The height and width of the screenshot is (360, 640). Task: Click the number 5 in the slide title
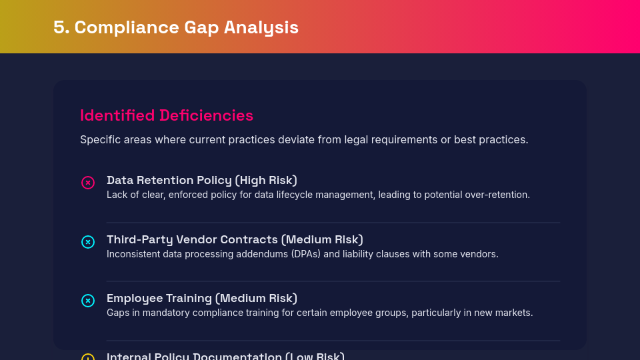coord(61,27)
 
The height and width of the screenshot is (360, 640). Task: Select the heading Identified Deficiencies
coord(167,115)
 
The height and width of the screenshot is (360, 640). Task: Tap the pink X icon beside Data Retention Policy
coord(88,183)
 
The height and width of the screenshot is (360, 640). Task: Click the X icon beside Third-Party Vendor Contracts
coord(88,242)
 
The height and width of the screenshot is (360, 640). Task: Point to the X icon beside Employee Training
coord(88,301)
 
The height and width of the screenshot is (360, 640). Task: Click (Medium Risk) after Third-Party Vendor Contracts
coord(322,239)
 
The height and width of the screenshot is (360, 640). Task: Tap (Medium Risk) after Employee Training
coord(257,298)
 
